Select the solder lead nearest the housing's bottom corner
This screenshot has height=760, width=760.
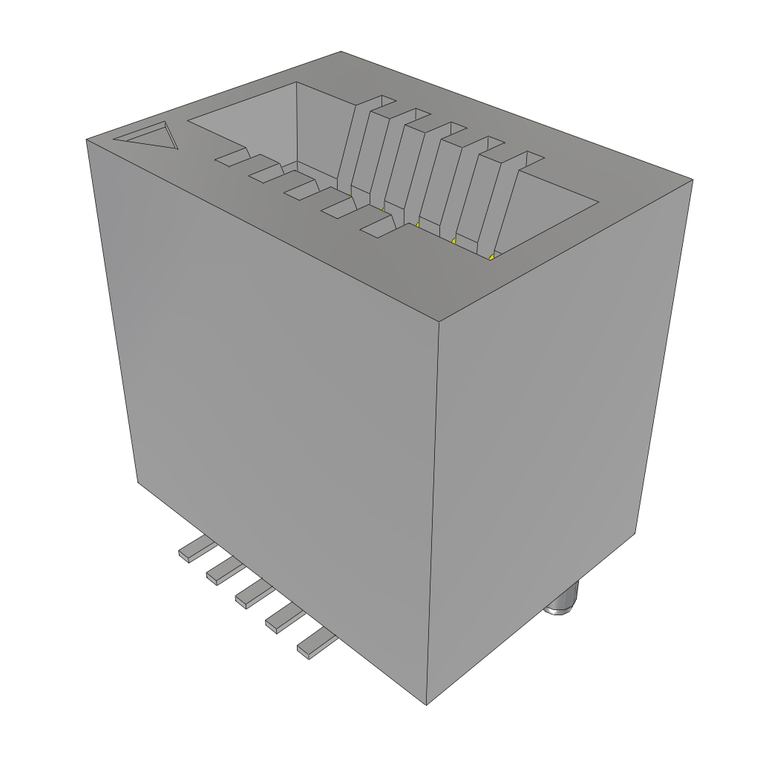tap(315, 643)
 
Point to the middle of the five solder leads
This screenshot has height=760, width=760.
tap(255, 592)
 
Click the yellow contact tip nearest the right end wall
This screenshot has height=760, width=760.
tap(492, 256)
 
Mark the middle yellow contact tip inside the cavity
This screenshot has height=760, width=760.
tap(418, 224)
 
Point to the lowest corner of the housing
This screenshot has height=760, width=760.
tap(427, 704)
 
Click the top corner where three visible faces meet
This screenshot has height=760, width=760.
tap(439, 322)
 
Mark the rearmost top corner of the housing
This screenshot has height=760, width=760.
tap(341, 52)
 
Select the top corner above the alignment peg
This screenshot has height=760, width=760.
tap(692, 180)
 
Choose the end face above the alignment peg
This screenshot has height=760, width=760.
tap(549, 416)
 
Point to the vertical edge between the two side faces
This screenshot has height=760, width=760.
tap(433, 512)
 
